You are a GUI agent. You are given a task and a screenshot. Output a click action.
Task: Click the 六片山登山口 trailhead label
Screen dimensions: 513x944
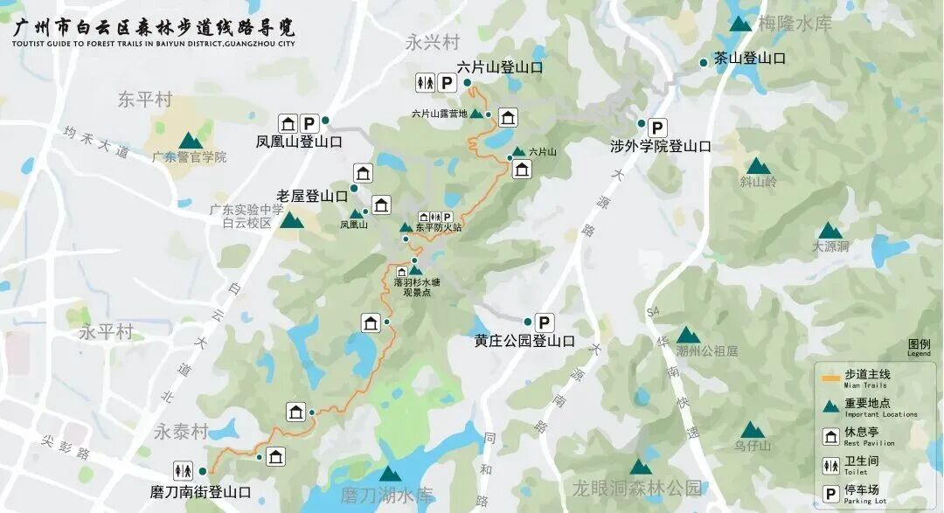click(500, 67)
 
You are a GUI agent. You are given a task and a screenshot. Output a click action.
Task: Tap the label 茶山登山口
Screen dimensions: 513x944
click(750, 59)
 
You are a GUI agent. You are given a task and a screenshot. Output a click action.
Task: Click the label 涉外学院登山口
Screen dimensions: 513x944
click(660, 146)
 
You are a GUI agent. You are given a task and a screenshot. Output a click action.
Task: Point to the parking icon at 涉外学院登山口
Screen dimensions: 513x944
click(657, 127)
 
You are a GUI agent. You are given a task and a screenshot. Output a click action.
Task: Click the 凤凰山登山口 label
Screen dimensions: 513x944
click(299, 141)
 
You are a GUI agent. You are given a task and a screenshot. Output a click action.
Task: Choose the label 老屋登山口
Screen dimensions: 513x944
click(312, 196)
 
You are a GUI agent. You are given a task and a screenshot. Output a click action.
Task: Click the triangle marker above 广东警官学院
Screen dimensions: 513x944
click(190, 141)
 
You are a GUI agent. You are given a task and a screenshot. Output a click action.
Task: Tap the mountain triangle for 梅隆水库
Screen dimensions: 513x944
click(740, 24)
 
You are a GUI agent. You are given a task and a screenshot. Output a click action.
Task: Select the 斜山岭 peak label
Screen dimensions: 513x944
click(758, 182)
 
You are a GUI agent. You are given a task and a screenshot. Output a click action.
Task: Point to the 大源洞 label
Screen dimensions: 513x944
click(829, 246)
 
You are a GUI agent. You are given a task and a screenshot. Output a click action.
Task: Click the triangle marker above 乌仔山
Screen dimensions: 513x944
click(752, 430)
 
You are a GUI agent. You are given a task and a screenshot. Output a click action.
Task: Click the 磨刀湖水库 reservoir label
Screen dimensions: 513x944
click(386, 496)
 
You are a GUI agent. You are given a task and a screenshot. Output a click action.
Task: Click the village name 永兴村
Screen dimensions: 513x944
click(433, 41)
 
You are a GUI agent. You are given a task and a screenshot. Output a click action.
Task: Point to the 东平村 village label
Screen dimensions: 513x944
click(146, 100)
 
